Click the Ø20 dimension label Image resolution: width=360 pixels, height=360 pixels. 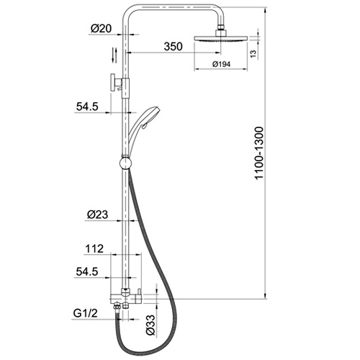(101, 29)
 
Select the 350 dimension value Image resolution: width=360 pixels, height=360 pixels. (173, 46)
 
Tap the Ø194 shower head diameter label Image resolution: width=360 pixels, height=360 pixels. (221, 64)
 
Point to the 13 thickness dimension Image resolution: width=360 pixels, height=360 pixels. (253, 54)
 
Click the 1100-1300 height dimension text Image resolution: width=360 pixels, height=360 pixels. (259, 153)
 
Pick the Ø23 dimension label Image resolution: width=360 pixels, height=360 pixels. (97, 215)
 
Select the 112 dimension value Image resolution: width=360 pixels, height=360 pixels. (94, 248)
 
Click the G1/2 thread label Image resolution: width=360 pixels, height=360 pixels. (86, 313)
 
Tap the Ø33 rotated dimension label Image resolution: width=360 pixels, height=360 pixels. (151, 325)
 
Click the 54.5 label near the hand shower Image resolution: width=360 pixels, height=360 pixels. (87, 107)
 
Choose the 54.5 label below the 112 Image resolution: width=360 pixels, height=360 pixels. (87, 271)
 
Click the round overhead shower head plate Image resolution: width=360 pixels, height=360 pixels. (220, 38)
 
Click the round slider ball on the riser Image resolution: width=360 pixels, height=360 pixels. (125, 163)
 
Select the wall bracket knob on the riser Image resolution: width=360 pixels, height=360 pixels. (112, 83)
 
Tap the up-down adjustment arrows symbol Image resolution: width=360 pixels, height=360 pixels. (114, 55)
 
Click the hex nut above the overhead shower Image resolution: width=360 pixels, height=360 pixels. (221, 32)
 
